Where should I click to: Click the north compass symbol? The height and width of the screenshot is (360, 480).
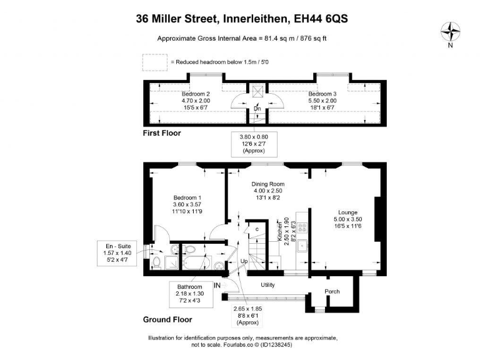click(x=450, y=31)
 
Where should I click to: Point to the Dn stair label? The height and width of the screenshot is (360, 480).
click(x=257, y=109)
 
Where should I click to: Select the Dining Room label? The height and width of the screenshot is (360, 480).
click(x=268, y=184)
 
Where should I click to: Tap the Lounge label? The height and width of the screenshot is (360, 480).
click(x=347, y=212)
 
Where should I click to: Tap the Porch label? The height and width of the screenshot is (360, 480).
click(x=332, y=292)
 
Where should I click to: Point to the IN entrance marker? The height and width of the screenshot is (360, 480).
click(x=218, y=285)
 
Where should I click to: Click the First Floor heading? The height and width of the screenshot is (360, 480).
click(x=162, y=133)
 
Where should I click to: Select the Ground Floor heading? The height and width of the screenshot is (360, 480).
click(x=167, y=319)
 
